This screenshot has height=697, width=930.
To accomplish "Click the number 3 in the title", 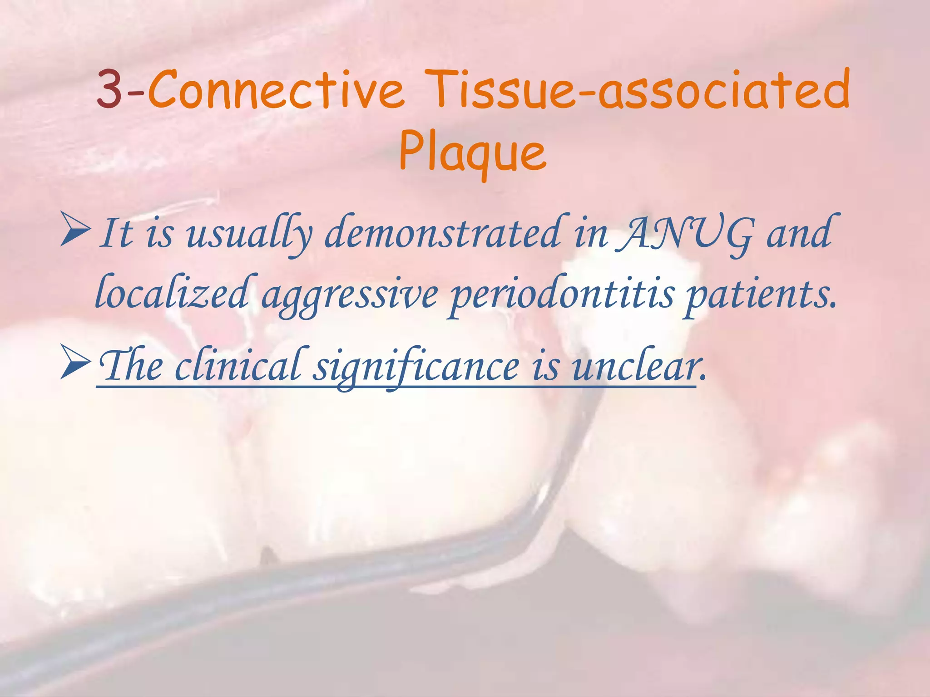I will tap(109, 89).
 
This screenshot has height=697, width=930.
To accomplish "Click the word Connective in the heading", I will tap(276, 89).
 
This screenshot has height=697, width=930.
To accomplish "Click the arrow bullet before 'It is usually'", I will tap(75, 232).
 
